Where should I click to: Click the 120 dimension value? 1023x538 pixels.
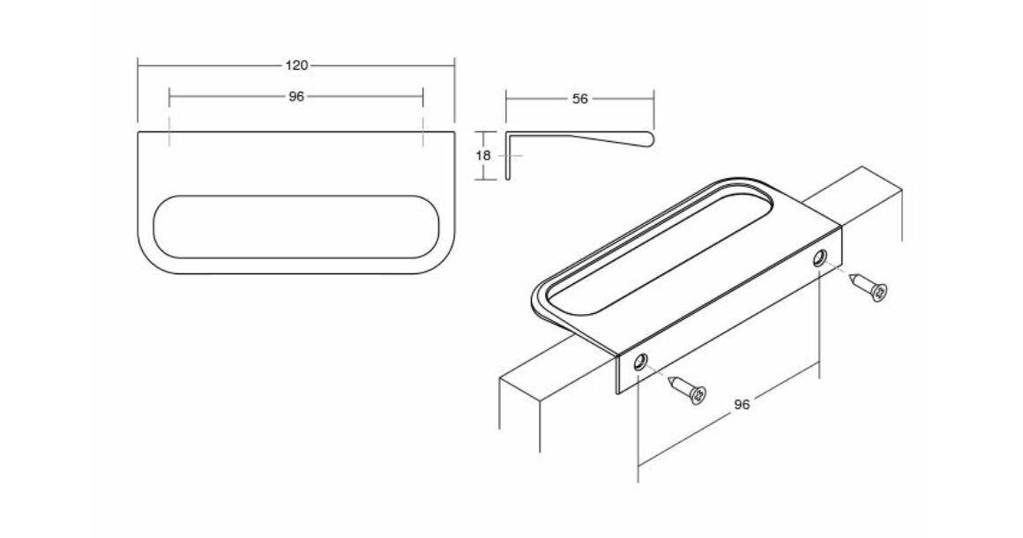tap(296, 65)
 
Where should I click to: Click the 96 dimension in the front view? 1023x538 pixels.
tap(296, 96)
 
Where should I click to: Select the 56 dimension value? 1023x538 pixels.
tap(579, 99)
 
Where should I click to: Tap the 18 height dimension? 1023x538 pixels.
tap(483, 156)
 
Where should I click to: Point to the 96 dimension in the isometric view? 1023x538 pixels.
tap(742, 404)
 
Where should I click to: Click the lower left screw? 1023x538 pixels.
tap(688, 389)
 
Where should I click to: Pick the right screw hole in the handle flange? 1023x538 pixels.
tap(818, 258)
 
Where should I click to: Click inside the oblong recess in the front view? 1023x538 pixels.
tap(296, 227)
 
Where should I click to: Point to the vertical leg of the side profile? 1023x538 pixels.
tap(509, 156)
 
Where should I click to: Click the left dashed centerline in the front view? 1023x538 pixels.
tap(169, 132)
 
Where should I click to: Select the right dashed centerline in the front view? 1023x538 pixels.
tap(422, 132)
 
